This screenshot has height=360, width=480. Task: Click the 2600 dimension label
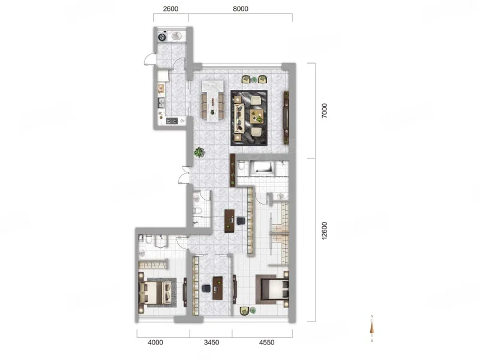pos(170,9)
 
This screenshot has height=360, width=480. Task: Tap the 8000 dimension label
pos(241,9)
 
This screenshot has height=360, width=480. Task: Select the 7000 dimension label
pos(324,111)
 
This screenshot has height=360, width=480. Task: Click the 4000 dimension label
pos(155,342)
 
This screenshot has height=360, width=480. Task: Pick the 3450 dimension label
pos(212,342)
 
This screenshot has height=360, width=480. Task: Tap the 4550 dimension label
pos(266,342)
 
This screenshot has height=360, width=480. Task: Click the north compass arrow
pos(372,328)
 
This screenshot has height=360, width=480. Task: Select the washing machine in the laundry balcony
pos(162,37)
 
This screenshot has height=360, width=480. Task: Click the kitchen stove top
pos(172,121)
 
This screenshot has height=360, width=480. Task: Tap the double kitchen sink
pos(161,103)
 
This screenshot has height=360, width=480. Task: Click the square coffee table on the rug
pos(257,116)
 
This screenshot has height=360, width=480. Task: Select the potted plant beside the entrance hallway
pos(199,152)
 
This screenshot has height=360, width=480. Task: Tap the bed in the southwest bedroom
pos(155,292)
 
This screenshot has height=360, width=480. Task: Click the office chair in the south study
pos(206,288)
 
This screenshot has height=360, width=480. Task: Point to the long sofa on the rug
pos(239,118)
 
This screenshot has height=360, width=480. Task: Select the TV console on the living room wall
pos(287,118)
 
